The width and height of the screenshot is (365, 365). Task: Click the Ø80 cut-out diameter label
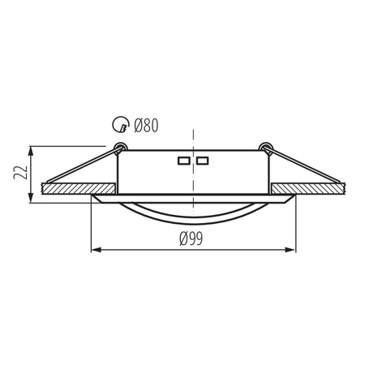tap(145, 126)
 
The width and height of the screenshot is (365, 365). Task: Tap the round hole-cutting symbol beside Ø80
tap(118, 126)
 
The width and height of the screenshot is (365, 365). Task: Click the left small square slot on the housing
tap(184, 160)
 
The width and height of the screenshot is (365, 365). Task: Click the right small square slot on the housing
tap(203, 160)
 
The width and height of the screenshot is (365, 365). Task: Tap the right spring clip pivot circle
tap(264, 147)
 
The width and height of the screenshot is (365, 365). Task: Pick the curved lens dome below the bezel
tap(193, 213)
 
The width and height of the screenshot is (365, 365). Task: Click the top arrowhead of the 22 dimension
tap(31, 149)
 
